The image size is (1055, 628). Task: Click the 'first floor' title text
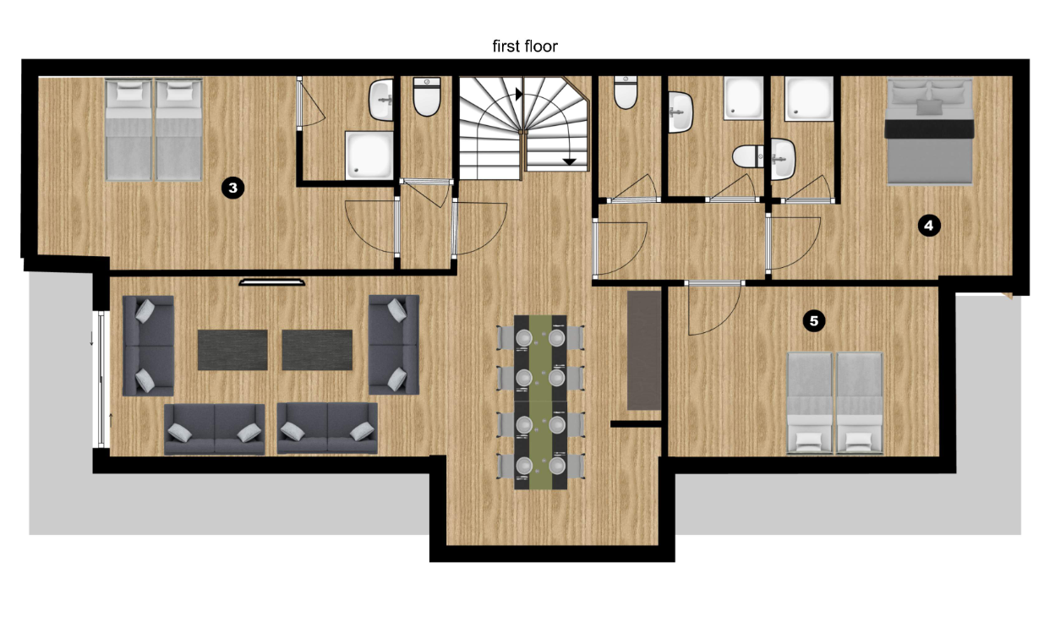(x=525, y=46)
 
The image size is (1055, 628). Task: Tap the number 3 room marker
(x=232, y=188)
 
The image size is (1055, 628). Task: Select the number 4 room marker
(x=929, y=226)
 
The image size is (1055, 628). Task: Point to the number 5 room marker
(x=814, y=321)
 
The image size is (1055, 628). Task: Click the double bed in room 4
(x=929, y=131)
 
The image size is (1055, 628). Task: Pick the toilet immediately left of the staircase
(x=427, y=96)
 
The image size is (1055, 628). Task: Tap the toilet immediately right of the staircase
(x=626, y=93)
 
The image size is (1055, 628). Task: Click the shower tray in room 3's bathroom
(x=369, y=155)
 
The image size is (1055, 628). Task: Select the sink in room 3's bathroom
(x=381, y=101)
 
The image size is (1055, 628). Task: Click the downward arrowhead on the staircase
(x=570, y=162)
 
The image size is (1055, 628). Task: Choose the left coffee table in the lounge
(x=232, y=350)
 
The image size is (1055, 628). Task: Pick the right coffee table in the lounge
(x=317, y=350)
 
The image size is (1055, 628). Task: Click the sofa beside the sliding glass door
(x=148, y=346)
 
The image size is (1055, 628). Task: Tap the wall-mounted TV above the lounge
(x=271, y=282)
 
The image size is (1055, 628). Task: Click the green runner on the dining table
(x=540, y=402)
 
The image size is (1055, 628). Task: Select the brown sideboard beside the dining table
(x=644, y=350)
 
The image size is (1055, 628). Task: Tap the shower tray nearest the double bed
(x=809, y=99)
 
